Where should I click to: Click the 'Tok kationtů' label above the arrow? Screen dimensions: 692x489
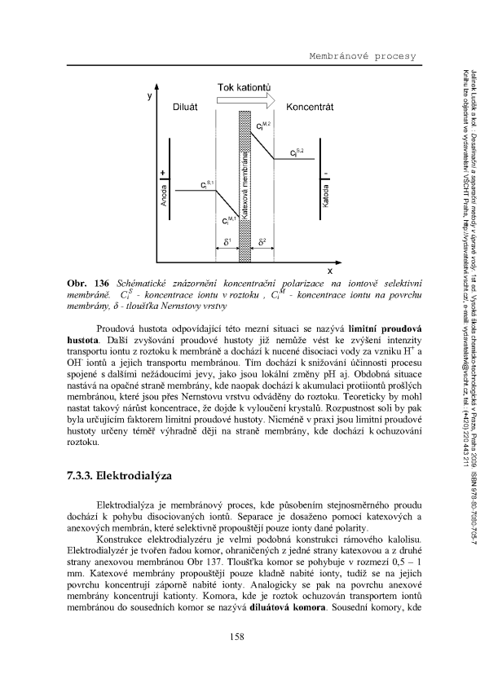point(244,87)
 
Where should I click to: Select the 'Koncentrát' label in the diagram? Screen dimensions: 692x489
point(306,107)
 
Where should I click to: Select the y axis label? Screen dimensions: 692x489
point(150,96)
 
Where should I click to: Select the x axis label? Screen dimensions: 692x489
point(329,270)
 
